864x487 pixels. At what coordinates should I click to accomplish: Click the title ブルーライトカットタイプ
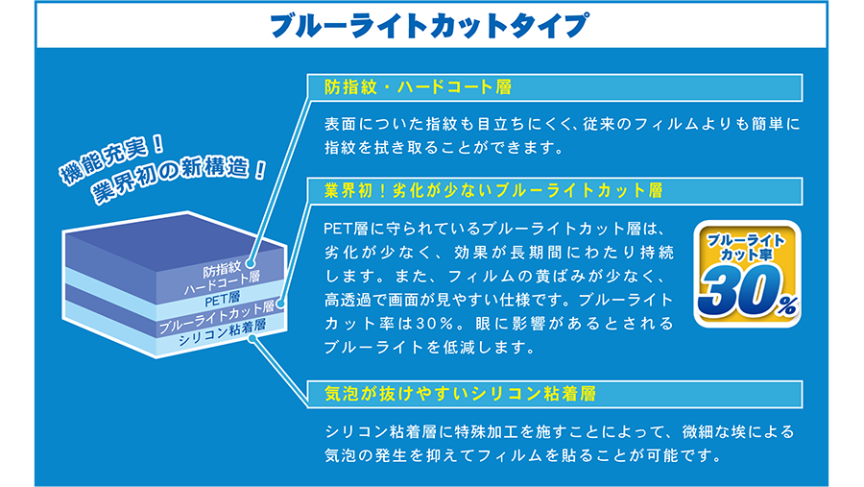click(429, 25)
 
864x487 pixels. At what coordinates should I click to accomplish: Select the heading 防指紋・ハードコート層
click(419, 87)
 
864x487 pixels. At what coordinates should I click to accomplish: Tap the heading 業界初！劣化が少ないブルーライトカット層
click(493, 191)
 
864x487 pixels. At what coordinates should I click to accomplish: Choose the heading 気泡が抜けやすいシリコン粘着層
click(460, 394)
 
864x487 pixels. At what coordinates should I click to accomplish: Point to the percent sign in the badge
click(788, 305)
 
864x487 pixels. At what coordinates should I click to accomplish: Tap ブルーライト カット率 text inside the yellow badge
click(747, 247)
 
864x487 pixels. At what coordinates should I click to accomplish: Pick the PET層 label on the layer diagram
click(222, 300)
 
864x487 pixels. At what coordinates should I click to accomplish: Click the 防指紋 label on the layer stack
click(222, 270)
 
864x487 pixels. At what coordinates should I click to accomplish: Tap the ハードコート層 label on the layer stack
click(222, 283)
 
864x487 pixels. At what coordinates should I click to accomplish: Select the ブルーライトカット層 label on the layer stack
click(217, 318)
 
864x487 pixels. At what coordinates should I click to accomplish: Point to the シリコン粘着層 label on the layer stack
click(222, 332)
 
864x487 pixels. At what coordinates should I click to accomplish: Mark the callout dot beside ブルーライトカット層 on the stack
click(280, 304)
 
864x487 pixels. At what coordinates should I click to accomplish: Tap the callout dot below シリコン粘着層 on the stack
click(252, 339)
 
